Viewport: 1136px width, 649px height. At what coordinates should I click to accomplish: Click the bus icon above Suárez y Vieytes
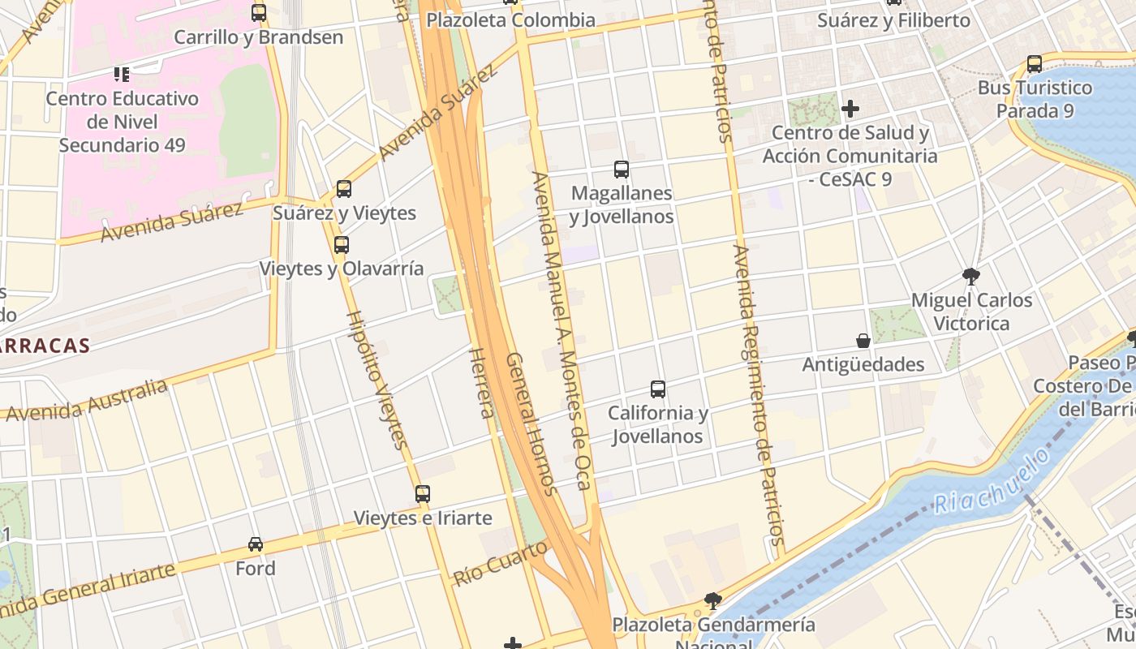pyautogui.click(x=344, y=189)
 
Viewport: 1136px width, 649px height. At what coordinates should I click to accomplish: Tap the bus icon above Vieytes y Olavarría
pyautogui.click(x=342, y=245)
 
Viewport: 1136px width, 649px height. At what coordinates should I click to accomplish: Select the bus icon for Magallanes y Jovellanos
pyautogui.click(x=622, y=170)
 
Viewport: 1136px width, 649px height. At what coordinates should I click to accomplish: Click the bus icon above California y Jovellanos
pyautogui.click(x=658, y=389)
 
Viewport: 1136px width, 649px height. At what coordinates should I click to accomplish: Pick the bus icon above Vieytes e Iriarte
pyautogui.click(x=423, y=493)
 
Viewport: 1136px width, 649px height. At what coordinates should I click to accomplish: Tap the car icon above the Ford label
pyautogui.click(x=256, y=544)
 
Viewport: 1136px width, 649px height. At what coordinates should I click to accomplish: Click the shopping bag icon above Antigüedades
pyautogui.click(x=863, y=341)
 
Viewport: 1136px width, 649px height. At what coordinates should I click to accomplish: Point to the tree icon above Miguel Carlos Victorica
pyautogui.click(x=970, y=277)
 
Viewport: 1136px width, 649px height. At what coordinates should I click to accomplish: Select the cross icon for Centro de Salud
pyautogui.click(x=850, y=108)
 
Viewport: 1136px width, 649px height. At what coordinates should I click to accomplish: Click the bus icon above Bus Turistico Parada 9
pyautogui.click(x=1035, y=64)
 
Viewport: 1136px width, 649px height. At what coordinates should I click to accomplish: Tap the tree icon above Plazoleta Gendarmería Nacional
pyautogui.click(x=713, y=601)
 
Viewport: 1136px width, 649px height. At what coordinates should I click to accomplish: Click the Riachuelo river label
pyautogui.click(x=992, y=481)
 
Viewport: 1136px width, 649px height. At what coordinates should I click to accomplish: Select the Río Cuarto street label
pyautogui.click(x=500, y=564)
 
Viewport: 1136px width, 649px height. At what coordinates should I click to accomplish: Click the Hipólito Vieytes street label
pyautogui.click(x=377, y=380)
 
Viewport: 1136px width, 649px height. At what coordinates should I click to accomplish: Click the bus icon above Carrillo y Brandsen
pyautogui.click(x=259, y=13)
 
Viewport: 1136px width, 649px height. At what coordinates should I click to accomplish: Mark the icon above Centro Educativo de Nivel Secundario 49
pyautogui.click(x=122, y=75)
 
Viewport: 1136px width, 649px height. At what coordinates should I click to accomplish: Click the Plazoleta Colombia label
pyautogui.click(x=510, y=20)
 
